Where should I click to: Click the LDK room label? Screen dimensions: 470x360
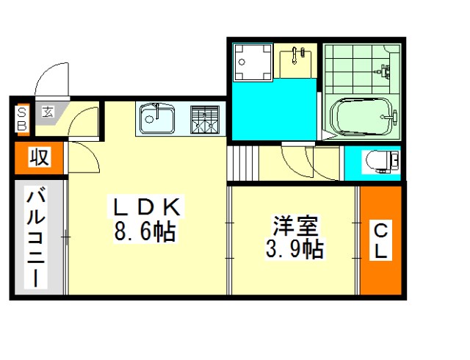click(147, 207)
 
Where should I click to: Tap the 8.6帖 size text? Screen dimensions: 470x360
click(145, 231)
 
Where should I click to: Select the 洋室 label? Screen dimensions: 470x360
click(295, 226)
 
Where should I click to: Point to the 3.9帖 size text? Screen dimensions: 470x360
click(295, 249)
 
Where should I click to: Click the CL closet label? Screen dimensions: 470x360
click(380, 240)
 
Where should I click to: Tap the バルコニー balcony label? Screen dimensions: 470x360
click(36, 237)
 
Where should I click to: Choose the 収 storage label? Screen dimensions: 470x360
click(39, 157)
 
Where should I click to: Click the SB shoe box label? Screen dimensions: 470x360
click(22, 119)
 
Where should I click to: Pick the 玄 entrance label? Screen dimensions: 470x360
click(48, 112)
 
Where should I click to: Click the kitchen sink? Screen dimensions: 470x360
click(157, 118)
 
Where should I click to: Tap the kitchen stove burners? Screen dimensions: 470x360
click(205, 120)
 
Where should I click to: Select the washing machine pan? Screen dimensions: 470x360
click(253, 62)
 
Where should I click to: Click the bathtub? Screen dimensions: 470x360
click(361, 117)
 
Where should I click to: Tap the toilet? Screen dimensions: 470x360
click(381, 162)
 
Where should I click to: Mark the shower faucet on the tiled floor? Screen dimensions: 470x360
click(383, 71)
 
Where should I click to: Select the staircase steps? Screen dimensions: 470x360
click(243, 163)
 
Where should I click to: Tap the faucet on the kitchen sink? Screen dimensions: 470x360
click(156, 111)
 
